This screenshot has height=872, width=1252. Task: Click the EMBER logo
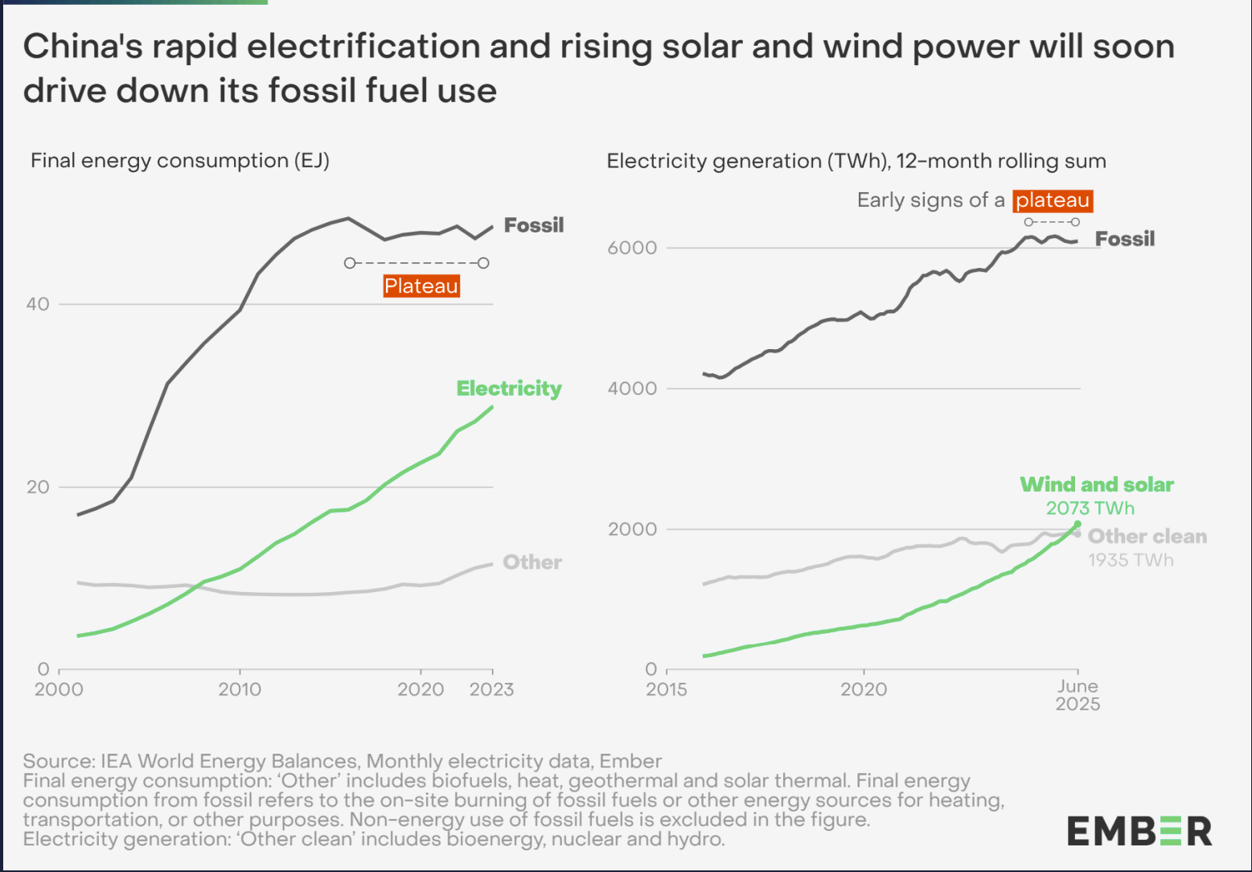click(x=1139, y=831)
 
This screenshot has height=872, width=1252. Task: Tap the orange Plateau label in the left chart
click(x=421, y=286)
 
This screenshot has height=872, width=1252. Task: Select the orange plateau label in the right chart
click(x=1052, y=200)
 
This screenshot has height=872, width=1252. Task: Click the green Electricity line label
click(x=509, y=389)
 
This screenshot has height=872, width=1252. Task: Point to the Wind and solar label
click(x=1097, y=484)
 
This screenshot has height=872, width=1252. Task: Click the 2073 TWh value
click(x=1090, y=508)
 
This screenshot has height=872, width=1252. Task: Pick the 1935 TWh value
click(x=1131, y=560)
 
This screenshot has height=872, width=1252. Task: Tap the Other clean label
click(x=1147, y=537)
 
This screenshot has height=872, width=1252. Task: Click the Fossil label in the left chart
click(x=534, y=225)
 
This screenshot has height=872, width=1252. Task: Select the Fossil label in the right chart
click(x=1125, y=239)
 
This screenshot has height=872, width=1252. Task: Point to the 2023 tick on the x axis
click(x=491, y=689)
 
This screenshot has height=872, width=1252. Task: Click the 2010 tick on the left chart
click(x=240, y=689)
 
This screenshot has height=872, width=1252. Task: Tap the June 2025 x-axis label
click(x=1078, y=695)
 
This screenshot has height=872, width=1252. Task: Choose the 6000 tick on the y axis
click(x=632, y=248)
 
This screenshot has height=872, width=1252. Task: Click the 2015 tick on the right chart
click(x=667, y=689)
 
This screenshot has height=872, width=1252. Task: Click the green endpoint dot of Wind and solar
click(x=1078, y=524)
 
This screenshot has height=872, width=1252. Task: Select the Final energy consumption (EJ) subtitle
click(x=180, y=161)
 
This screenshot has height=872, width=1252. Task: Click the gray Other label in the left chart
click(x=532, y=562)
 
